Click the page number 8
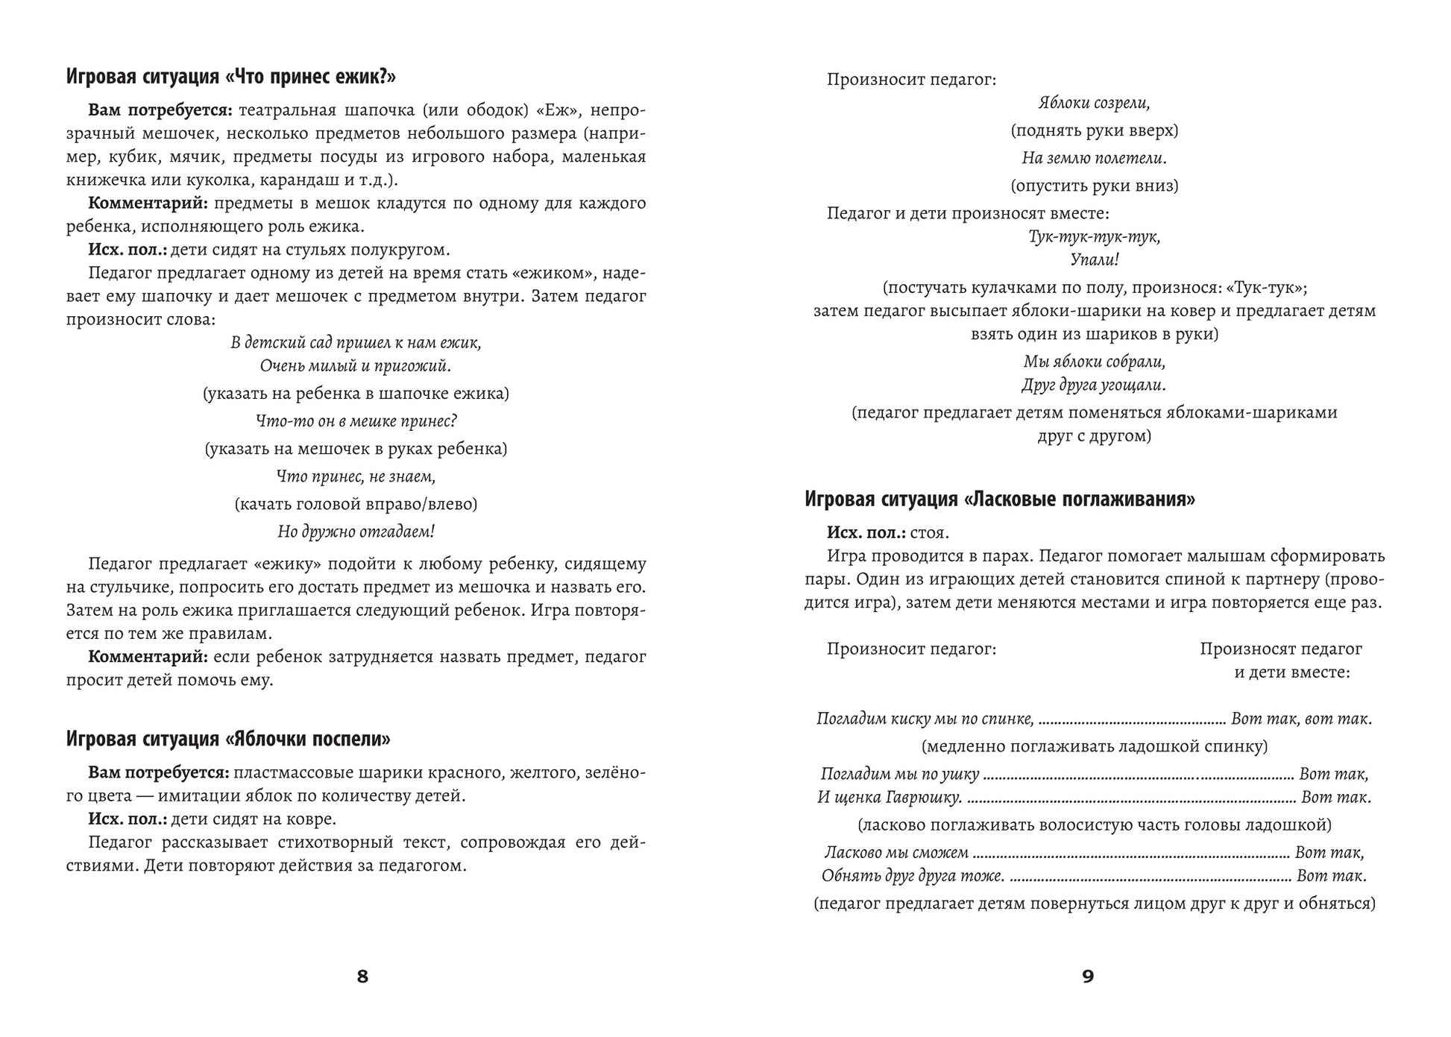[x=362, y=976]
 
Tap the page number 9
[x=1087, y=976]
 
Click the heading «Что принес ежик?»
[x=230, y=77]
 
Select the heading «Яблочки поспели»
[x=228, y=739]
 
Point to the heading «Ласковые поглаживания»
[x=999, y=499]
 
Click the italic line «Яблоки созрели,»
[x=1094, y=103]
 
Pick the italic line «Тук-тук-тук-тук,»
[x=1094, y=236]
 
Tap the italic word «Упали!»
[x=1094, y=259]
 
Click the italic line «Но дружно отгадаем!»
[x=356, y=532]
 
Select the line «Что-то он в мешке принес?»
[x=356, y=421]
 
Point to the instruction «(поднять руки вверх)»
[x=1094, y=130]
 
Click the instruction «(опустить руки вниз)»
[x=1094, y=186]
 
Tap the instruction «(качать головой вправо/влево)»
[x=356, y=504]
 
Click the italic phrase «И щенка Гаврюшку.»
[x=890, y=797]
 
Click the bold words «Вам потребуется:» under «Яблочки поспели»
[x=160, y=772]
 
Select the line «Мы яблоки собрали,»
[x=1094, y=362]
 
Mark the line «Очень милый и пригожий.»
[x=356, y=366]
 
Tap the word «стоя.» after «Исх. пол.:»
[x=930, y=533]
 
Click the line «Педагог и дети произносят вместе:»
[x=967, y=213]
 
